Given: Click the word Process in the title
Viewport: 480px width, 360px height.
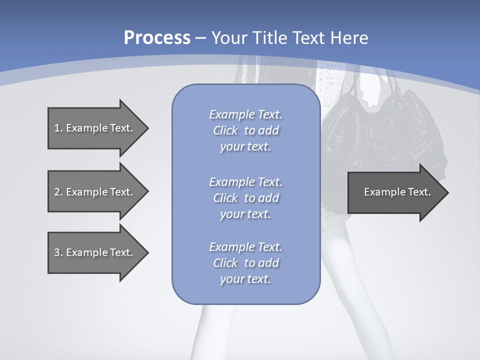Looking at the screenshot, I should coord(157,38).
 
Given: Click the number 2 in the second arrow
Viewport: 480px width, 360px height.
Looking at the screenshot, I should coord(57,192).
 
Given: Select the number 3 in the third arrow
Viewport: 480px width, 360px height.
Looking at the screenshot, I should coord(57,252).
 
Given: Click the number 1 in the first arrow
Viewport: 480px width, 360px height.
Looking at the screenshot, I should coord(57,128).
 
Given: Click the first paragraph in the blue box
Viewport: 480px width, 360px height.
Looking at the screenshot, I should coord(245,130).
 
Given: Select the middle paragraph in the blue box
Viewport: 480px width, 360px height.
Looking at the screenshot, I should coord(245,198).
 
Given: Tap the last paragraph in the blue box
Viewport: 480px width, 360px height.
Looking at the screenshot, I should coord(245,263).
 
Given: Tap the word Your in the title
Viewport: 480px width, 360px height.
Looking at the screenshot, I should coord(230,38).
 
